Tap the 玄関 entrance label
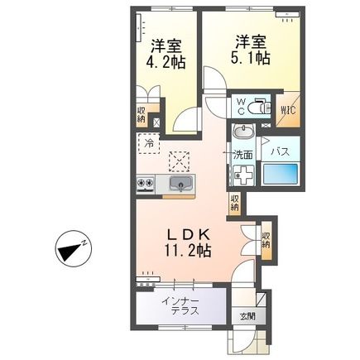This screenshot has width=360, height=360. [247, 316]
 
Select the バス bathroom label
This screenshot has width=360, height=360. [279, 153]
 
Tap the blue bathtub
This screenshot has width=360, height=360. [280, 177]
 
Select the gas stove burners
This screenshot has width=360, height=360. [146, 183]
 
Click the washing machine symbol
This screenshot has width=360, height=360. [243, 175]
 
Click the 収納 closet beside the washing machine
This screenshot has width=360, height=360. [235, 201]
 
